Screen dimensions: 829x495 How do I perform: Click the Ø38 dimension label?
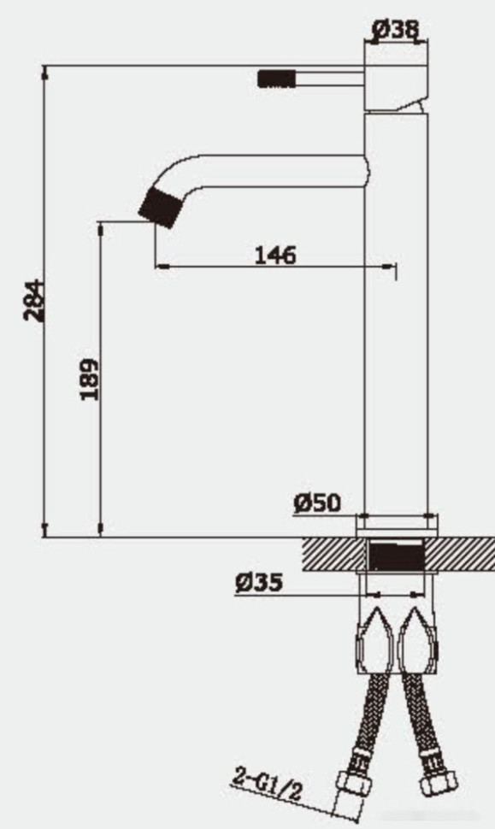point(396,29)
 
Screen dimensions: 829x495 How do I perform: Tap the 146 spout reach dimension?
point(275,255)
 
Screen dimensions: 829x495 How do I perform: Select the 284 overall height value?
point(33,300)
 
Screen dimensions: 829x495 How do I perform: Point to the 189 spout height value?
point(89,379)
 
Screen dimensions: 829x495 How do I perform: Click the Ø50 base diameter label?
point(317,503)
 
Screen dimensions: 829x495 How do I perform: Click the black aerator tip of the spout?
point(162,208)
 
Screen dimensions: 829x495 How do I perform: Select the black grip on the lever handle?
point(276,79)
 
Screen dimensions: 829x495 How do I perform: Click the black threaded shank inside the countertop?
point(395,556)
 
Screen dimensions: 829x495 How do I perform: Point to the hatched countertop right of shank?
point(460,556)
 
